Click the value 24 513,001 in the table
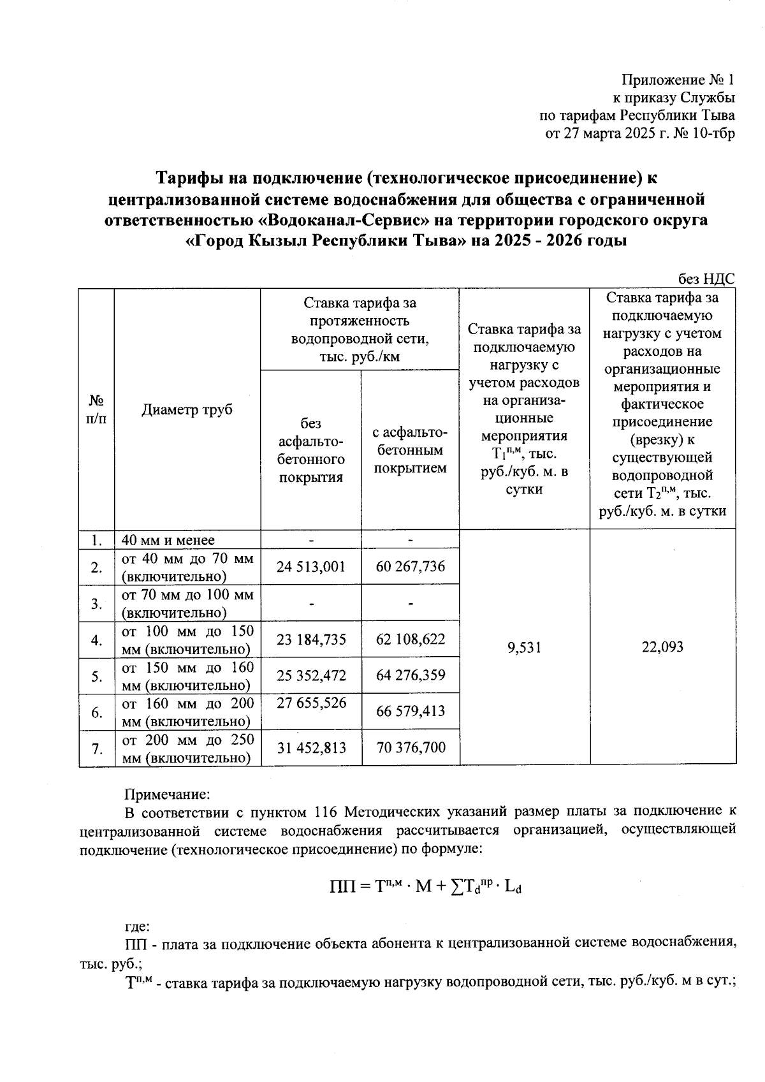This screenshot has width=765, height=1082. (x=311, y=567)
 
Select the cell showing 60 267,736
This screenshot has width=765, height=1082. (x=411, y=567)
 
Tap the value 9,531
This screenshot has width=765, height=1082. (x=524, y=647)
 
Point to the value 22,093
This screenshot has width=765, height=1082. (x=662, y=647)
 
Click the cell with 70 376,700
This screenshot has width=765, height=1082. (x=411, y=747)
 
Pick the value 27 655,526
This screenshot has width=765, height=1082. (x=311, y=703)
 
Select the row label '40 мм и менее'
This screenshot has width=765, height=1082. (x=168, y=540)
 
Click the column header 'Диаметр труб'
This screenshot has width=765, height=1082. (x=187, y=409)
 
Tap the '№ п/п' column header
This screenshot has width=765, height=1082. (x=96, y=409)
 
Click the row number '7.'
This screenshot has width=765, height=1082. (x=96, y=748)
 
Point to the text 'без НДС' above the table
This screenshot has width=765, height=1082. (x=706, y=279)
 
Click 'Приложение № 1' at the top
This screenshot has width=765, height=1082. (x=678, y=80)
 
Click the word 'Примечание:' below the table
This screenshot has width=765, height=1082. (x=166, y=794)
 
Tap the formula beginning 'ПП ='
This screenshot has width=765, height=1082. (x=426, y=886)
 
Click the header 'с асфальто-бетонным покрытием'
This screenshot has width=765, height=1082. (x=410, y=450)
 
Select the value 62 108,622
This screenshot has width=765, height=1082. (x=411, y=639)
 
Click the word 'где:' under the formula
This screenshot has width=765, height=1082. (x=137, y=926)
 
